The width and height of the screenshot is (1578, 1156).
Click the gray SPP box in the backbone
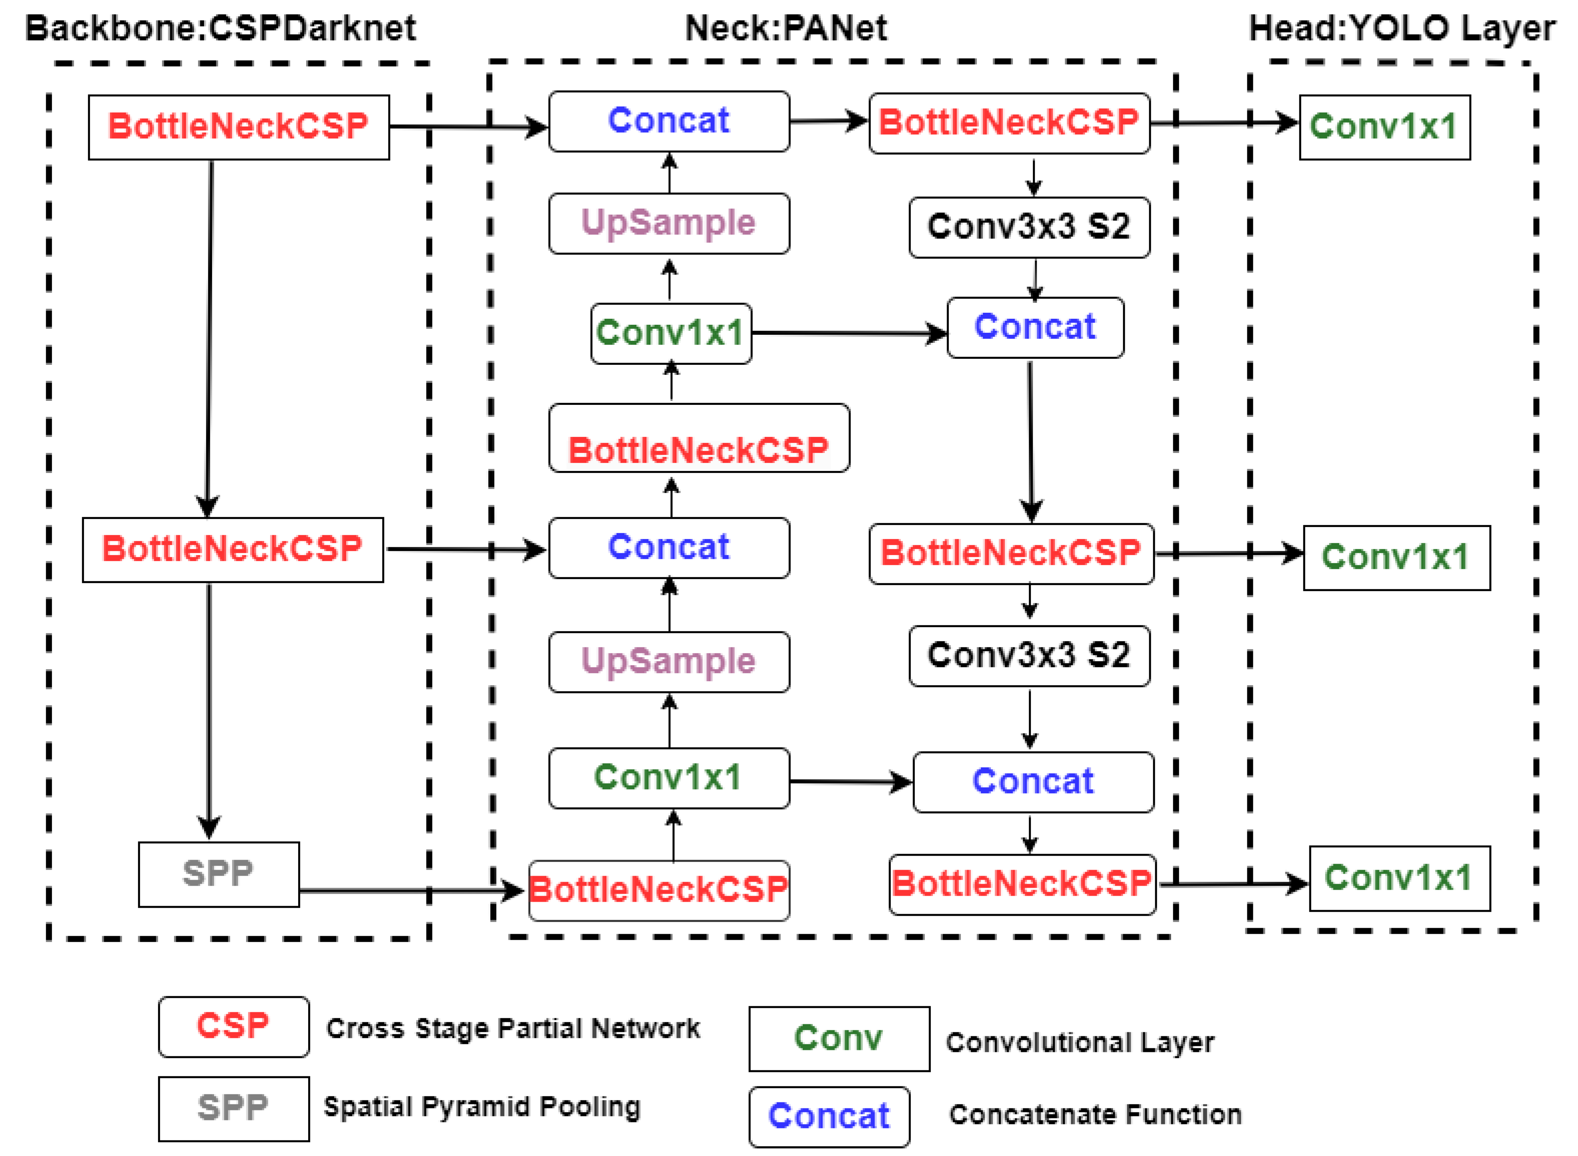point(218,874)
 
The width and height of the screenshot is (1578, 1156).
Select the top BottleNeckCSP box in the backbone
point(239,127)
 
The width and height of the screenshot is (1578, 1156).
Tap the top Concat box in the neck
point(669,121)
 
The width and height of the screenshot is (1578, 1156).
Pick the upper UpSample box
point(669,223)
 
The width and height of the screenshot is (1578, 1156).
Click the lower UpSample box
point(669,661)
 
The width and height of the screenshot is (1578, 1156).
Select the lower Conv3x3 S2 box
point(1029,655)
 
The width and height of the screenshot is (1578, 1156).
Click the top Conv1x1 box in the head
point(1384,127)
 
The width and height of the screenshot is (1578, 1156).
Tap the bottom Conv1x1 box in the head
point(1399,878)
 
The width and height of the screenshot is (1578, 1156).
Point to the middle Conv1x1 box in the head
point(1396,558)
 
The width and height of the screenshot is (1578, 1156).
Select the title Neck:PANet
point(785,29)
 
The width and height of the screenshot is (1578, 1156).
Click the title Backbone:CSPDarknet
point(220,29)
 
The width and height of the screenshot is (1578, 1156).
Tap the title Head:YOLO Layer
point(1402,29)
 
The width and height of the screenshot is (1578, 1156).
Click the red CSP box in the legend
point(233,1027)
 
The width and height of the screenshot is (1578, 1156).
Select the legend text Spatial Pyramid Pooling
point(481,1107)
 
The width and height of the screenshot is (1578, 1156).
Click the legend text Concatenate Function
point(1095,1114)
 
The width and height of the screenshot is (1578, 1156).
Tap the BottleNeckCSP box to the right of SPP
point(658,890)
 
